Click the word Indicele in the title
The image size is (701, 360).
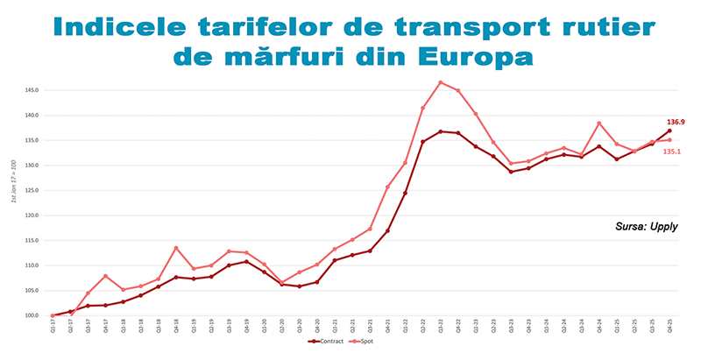[136, 25]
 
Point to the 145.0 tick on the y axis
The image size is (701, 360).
[33, 90]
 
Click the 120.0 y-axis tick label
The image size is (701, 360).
[33, 215]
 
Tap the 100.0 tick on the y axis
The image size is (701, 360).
[33, 315]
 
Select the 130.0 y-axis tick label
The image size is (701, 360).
[33, 166]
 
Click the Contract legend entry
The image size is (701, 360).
[327, 342]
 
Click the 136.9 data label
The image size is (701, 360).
[676, 122]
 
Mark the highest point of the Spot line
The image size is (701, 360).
[440, 82]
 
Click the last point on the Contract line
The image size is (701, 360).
[669, 131]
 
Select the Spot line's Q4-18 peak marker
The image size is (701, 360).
[176, 248]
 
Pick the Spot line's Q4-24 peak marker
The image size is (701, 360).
[599, 123]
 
